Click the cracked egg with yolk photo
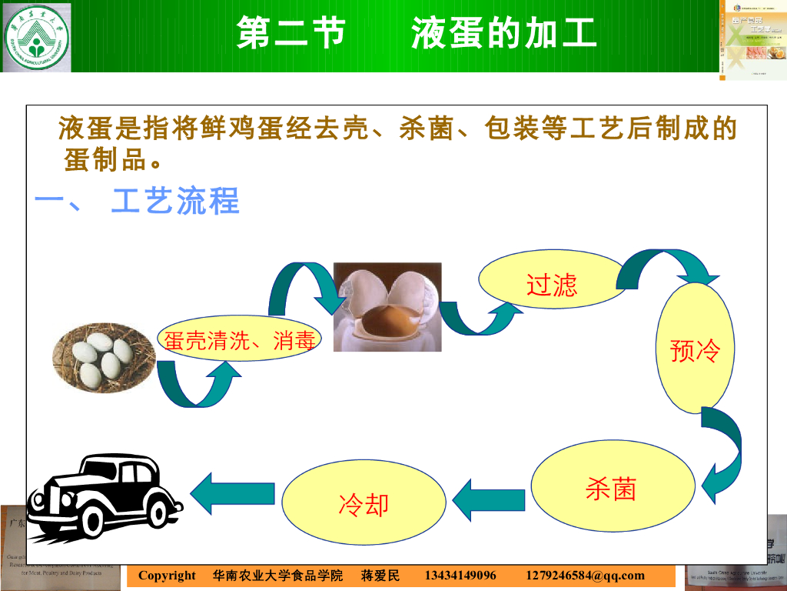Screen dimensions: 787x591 click(387, 307)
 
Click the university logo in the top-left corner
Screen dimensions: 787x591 click(36, 37)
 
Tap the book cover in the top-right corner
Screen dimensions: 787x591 click(753, 38)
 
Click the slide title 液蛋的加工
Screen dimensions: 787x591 click(503, 34)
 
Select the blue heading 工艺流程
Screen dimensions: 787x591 click(175, 201)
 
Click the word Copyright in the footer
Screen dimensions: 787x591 click(167, 576)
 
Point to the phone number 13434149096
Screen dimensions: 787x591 click(460, 576)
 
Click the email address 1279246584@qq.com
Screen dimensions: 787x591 click(586, 576)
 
